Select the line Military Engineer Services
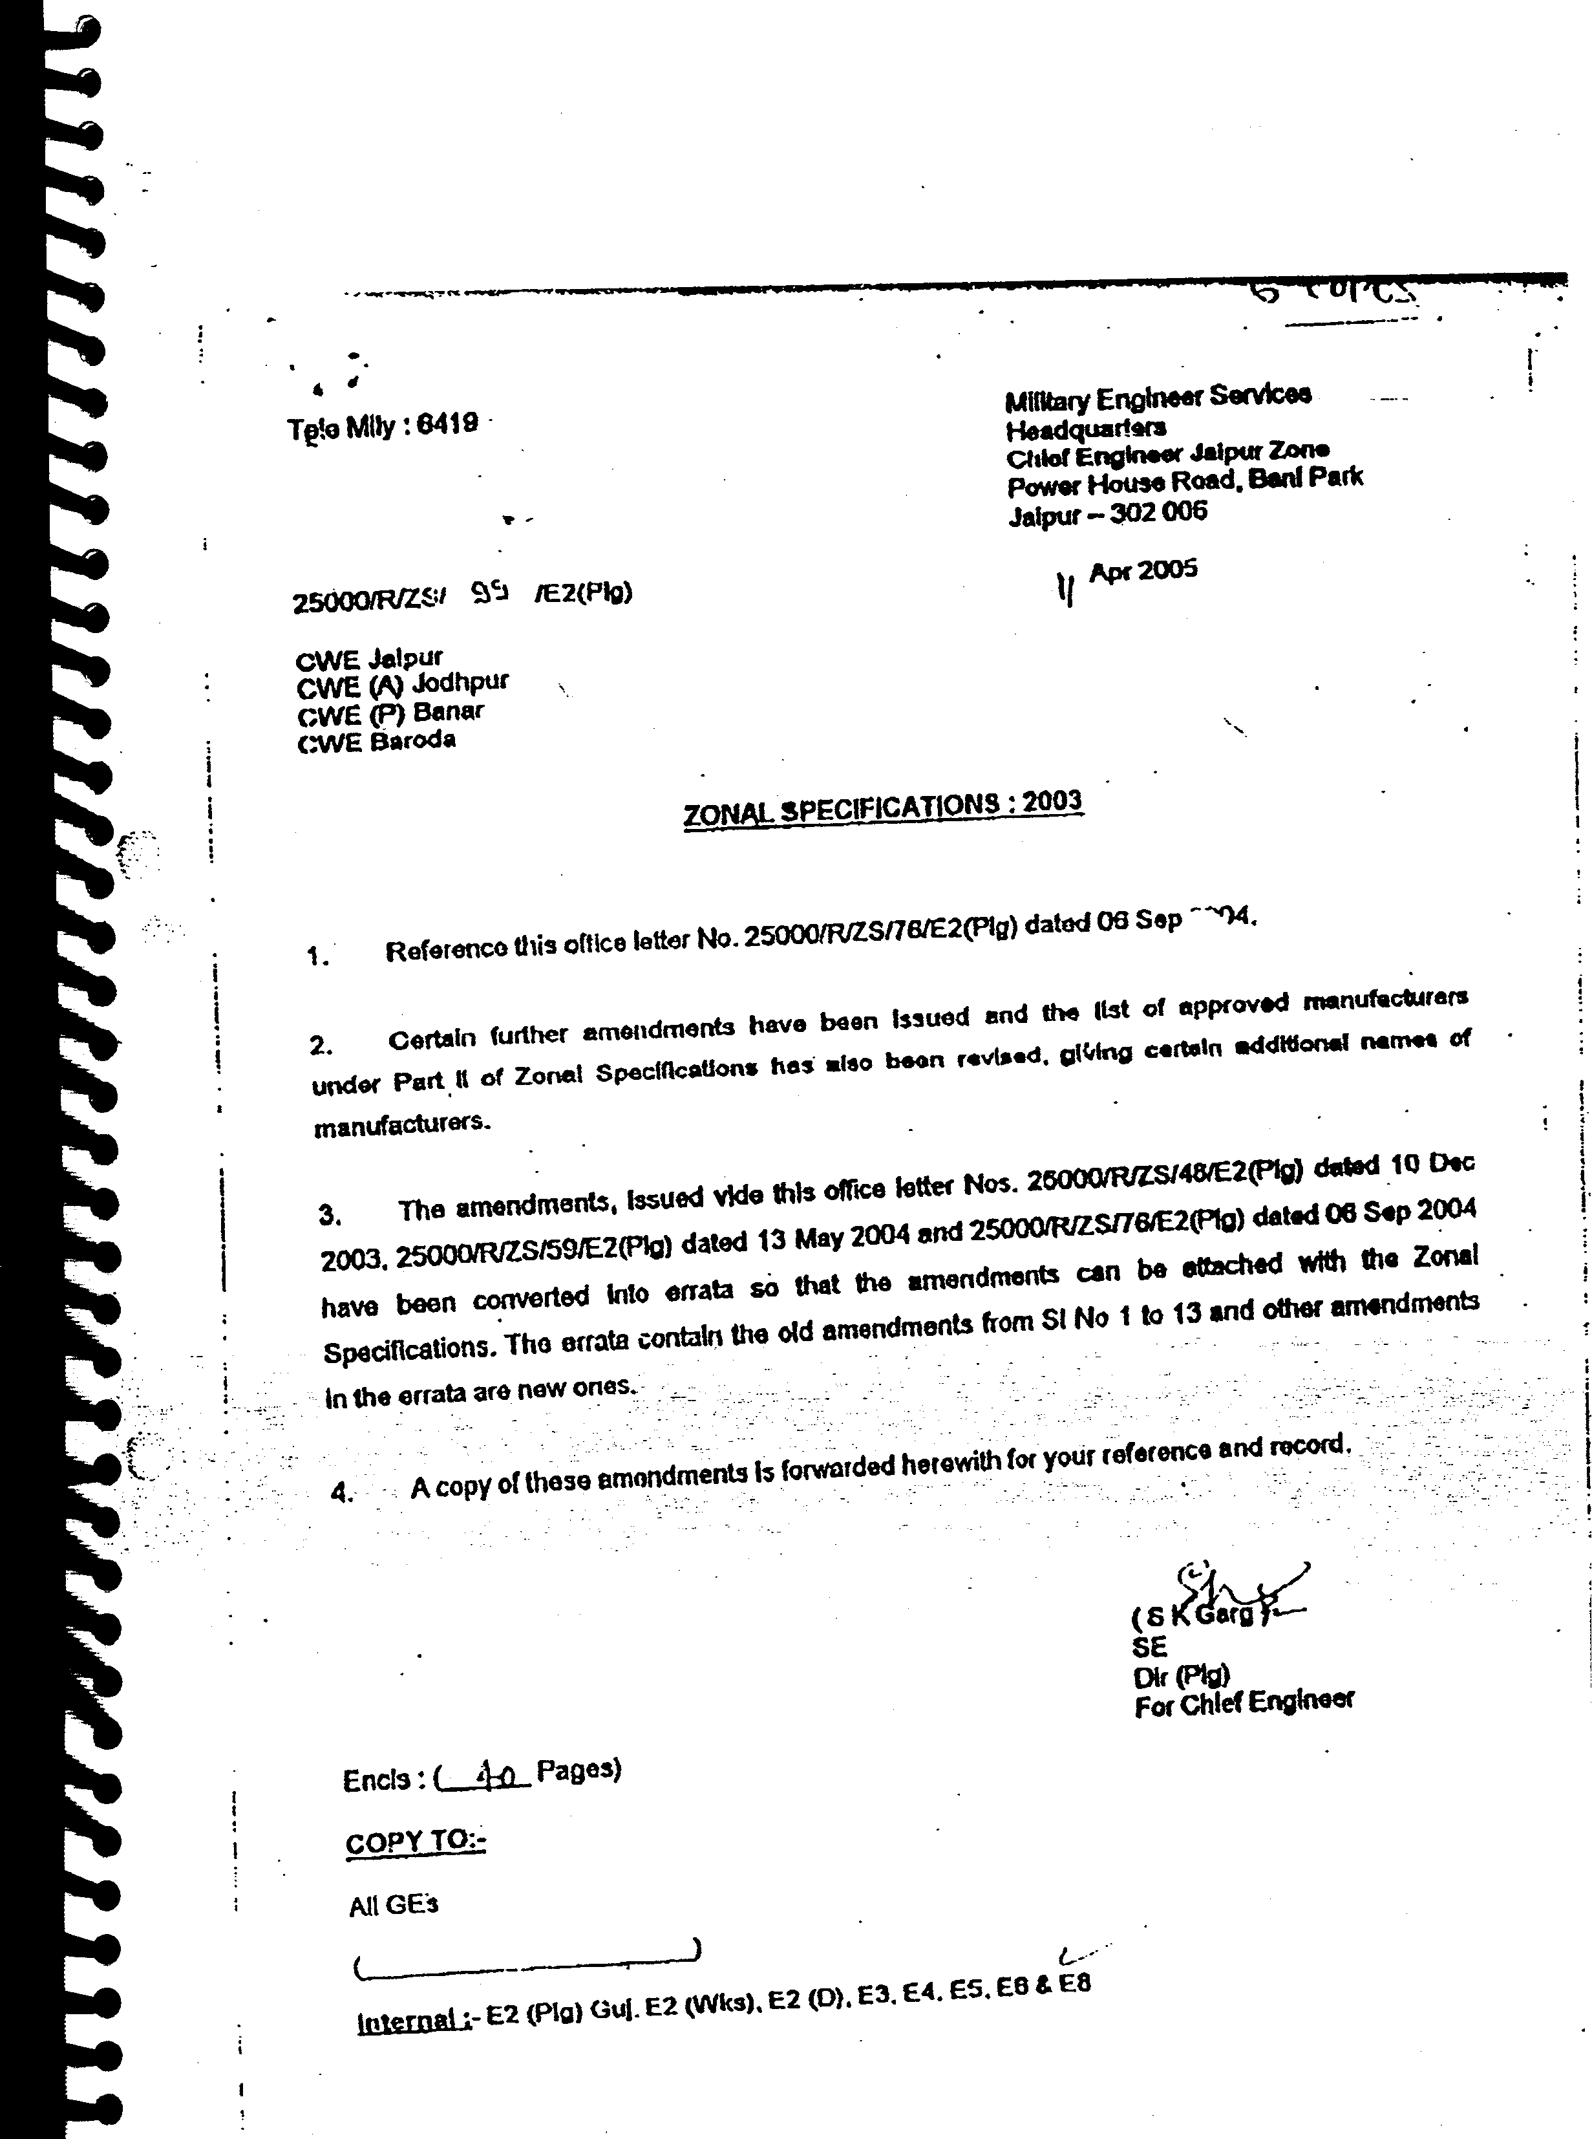1156,396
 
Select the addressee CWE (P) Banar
389,713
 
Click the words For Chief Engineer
1243,1703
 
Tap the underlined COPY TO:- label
416,1842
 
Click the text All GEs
393,1905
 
